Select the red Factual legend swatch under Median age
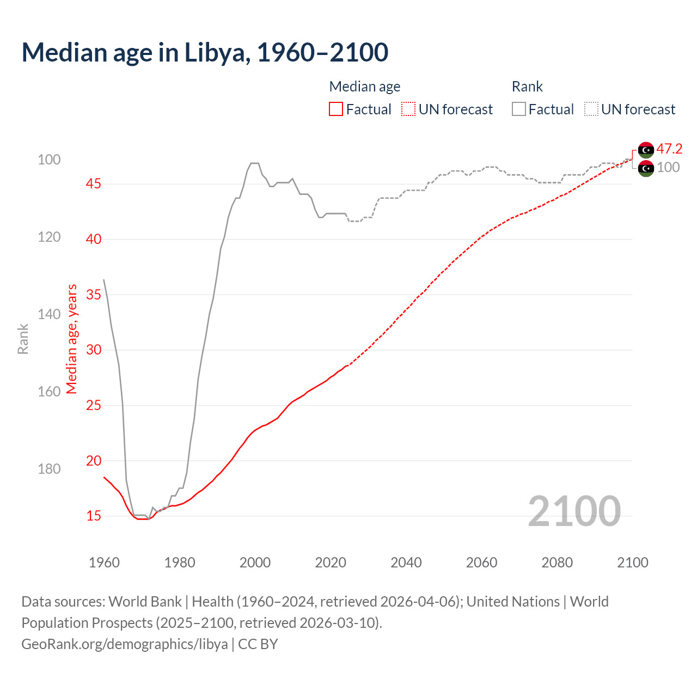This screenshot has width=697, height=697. pos(336,109)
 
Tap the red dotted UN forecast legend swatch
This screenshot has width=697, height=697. pos(408,109)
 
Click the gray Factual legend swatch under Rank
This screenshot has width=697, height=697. pos(519,109)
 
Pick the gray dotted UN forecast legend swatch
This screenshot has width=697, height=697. pos(591,109)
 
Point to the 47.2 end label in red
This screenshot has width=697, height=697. pos(669,149)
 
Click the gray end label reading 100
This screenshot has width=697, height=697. pos(668,167)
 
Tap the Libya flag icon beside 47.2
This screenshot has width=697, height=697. pos(646,149)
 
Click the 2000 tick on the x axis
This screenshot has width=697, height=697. pos(255,563)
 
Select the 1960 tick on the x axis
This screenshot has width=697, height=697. pos(104,563)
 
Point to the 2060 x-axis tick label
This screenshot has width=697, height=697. pos(481,563)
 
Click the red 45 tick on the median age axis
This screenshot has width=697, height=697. pos(93,184)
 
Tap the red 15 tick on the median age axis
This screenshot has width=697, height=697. pos(93,516)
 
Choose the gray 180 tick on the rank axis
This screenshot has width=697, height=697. pos(49,469)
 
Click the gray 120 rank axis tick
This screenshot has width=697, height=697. pos(49,237)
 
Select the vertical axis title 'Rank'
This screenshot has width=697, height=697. pos(23,339)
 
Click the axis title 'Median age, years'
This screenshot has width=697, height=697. pos(72,339)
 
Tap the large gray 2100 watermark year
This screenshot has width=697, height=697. pos(574,511)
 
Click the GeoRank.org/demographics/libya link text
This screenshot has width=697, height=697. pos(125,644)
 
